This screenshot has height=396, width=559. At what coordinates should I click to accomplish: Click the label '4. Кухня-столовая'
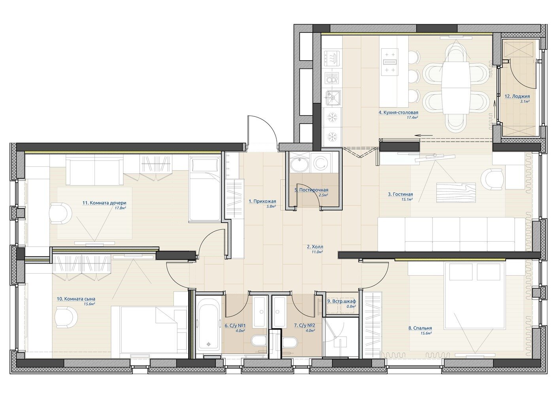click(x=398, y=112)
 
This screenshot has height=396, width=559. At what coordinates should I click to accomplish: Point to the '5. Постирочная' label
click(x=311, y=190)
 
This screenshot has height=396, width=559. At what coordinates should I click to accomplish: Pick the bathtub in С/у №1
click(x=208, y=326)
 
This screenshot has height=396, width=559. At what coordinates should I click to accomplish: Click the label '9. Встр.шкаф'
click(x=342, y=301)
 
